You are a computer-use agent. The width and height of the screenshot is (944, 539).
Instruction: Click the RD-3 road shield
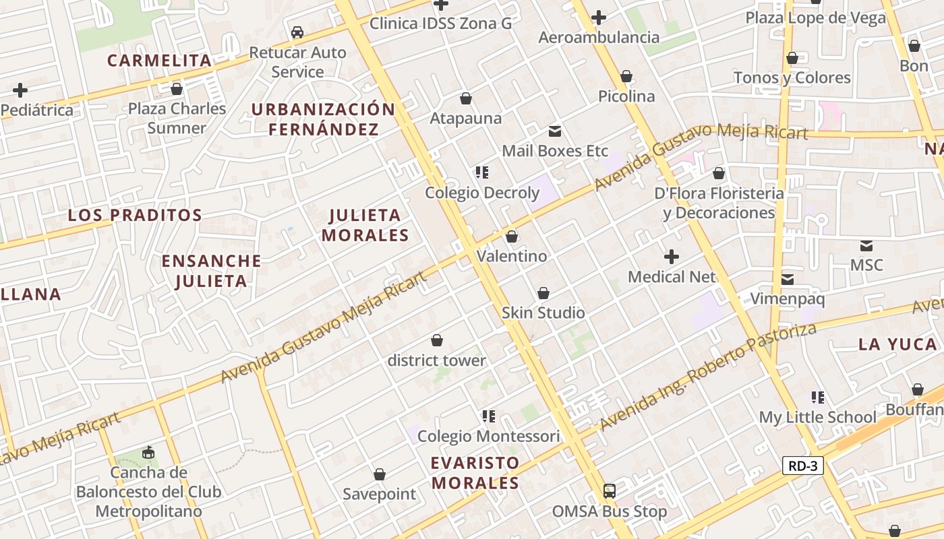(803, 466)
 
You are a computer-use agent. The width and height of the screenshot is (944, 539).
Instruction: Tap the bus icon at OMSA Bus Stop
(610, 490)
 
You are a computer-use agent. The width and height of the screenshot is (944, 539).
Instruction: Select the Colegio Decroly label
(482, 193)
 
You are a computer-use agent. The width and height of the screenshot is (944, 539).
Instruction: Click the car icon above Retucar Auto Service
(297, 32)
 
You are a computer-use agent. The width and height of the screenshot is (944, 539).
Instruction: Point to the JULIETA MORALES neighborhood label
(365, 225)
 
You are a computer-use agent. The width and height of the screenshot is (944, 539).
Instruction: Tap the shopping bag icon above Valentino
(512, 236)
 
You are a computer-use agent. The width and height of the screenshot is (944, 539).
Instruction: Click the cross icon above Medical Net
(672, 257)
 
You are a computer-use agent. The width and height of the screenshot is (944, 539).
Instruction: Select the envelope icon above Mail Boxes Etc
(555, 131)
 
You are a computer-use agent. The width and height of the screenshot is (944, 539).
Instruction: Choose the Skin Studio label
(543, 313)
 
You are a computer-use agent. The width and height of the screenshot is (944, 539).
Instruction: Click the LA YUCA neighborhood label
(897, 345)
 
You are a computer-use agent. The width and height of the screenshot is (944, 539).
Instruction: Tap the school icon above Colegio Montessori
(489, 416)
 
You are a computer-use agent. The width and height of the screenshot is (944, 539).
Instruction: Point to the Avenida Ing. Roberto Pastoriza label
(708, 377)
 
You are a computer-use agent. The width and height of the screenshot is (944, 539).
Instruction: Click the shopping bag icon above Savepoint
(380, 474)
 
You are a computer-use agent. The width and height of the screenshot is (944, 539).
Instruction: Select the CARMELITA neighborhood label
(160, 61)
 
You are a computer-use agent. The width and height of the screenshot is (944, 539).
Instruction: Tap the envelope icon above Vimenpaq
(788, 280)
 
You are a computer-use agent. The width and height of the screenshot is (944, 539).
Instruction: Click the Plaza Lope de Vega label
(815, 18)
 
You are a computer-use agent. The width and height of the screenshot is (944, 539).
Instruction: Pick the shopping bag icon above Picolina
(626, 77)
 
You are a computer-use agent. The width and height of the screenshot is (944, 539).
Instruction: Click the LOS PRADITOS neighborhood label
(135, 216)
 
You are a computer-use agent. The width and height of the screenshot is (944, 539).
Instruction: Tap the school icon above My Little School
(818, 398)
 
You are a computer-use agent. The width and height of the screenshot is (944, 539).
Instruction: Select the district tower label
(437, 360)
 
